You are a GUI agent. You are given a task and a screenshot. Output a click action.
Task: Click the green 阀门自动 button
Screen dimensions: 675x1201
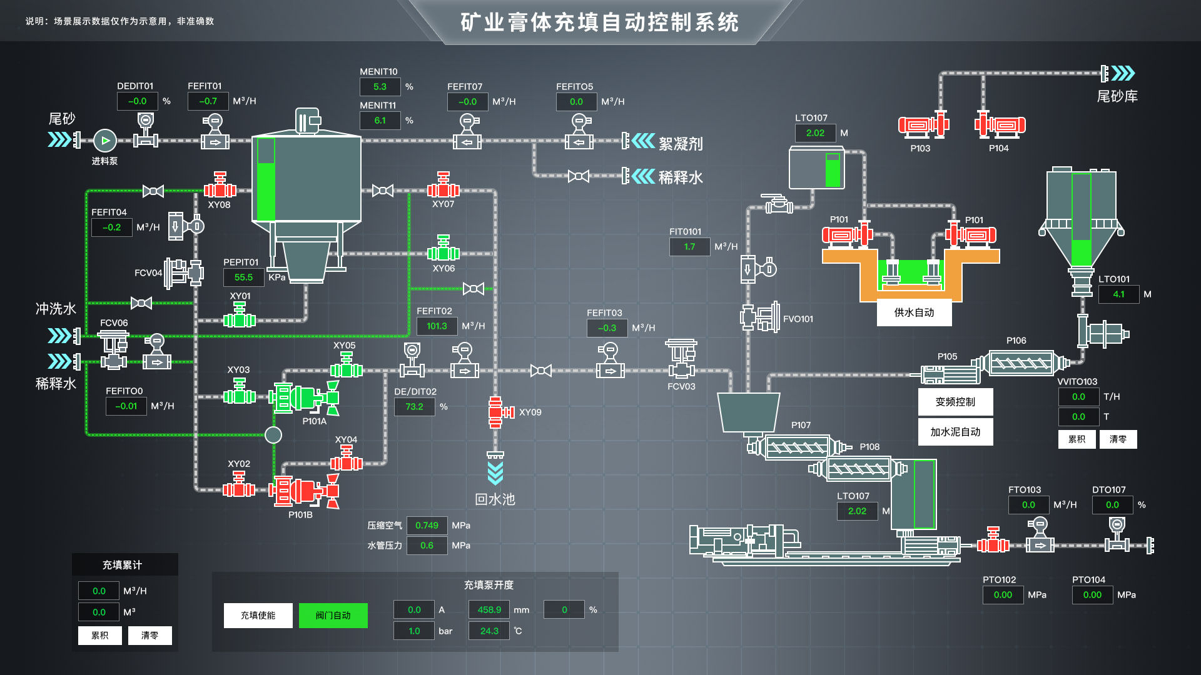click(333, 616)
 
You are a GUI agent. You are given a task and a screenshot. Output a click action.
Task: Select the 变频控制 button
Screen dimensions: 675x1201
click(955, 402)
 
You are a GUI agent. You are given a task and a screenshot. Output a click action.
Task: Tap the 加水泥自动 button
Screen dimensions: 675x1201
click(955, 432)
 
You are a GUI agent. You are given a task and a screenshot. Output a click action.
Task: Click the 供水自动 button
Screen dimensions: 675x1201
click(914, 312)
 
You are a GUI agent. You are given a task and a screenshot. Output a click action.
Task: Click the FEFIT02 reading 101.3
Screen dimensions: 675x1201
click(437, 326)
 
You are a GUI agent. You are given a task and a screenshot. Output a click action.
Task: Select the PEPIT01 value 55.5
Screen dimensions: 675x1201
click(243, 277)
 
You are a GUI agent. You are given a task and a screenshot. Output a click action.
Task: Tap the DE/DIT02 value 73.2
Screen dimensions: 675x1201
click(414, 407)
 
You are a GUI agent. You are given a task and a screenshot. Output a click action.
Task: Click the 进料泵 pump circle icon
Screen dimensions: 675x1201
click(105, 141)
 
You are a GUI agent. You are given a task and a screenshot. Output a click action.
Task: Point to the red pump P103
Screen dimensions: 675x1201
click(921, 126)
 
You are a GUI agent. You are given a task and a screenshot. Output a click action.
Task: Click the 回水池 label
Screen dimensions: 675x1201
click(495, 499)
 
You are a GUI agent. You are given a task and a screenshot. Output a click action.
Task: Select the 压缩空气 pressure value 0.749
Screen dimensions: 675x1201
click(427, 526)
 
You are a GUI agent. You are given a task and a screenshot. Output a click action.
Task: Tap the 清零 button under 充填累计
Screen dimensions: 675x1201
click(149, 636)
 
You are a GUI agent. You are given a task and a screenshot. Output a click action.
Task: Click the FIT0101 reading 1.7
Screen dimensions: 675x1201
click(689, 247)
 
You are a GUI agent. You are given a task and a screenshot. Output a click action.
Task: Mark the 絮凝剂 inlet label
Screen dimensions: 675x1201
click(681, 144)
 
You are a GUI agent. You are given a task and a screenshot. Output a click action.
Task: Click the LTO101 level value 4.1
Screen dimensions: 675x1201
click(1118, 294)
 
